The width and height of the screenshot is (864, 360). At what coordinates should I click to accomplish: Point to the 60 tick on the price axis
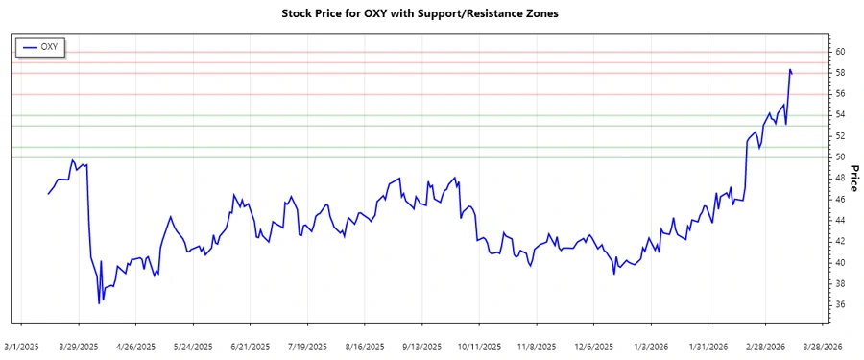pos(839,52)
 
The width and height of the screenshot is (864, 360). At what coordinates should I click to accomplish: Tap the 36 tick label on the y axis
pos(839,305)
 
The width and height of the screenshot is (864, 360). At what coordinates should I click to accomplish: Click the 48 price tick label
pos(839,179)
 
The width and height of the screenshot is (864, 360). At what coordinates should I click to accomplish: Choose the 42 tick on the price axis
pos(839,242)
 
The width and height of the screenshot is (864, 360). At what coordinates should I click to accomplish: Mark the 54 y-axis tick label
pos(839,115)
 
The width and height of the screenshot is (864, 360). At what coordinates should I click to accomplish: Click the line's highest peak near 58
pos(790,69)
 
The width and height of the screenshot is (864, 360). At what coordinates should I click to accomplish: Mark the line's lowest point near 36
pos(99,303)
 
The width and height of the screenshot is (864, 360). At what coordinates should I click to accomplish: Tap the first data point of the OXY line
pos(48,194)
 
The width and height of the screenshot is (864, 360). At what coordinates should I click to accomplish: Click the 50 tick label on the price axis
pos(839,157)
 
